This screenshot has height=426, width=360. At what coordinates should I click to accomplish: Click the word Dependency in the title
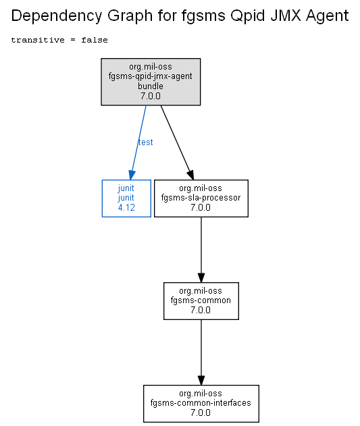click(x=57, y=16)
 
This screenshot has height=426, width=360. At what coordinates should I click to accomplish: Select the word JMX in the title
click(x=286, y=16)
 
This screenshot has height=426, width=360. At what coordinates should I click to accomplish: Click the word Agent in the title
click(x=327, y=16)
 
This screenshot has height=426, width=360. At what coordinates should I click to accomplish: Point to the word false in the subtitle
click(x=95, y=40)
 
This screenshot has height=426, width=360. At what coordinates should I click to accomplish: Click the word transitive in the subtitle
click(x=38, y=40)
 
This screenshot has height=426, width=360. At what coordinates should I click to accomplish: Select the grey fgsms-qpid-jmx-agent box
click(x=151, y=82)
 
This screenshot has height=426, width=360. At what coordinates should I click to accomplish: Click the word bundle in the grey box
click(x=151, y=86)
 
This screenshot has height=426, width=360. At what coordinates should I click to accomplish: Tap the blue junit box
click(x=126, y=198)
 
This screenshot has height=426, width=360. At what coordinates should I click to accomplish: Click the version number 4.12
click(x=126, y=207)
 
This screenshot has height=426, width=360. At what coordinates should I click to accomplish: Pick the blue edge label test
click(x=145, y=142)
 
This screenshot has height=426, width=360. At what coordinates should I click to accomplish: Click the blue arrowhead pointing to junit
click(x=132, y=176)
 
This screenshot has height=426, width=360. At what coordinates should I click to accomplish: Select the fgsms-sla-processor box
click(x=201, y=198)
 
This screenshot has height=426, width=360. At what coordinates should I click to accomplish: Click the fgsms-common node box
click(x=201, y=301)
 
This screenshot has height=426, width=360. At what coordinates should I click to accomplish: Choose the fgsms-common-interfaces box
click(x=201, y=404)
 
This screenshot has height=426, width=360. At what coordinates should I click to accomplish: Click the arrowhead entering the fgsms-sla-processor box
click(x=190, y=176)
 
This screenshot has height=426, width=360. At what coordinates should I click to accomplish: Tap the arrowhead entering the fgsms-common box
click(x=201, y=277)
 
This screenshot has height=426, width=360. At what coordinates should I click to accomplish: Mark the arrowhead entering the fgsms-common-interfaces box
click(x=201, y=380)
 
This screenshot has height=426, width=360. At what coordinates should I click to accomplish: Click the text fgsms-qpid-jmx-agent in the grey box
click(x=151, y=76)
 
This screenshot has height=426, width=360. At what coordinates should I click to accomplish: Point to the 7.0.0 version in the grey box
click(x=151, y=96)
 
